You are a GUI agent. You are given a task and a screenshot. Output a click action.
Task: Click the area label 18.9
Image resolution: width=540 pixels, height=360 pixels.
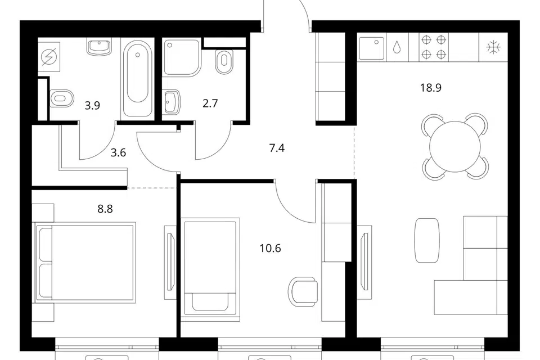tap(430, 88)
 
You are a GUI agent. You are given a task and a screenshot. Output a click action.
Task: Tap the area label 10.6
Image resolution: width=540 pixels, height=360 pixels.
tap(271, 248)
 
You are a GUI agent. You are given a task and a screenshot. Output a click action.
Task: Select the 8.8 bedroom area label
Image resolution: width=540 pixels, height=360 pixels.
tap(105, 209)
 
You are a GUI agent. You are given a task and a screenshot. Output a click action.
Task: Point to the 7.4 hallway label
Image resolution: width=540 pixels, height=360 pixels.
tap(277, 148)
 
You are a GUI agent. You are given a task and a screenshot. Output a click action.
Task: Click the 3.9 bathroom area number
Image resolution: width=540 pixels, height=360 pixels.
tap(92, 105)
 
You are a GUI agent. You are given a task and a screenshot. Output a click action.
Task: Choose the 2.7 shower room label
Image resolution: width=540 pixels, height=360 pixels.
tap(210, 103)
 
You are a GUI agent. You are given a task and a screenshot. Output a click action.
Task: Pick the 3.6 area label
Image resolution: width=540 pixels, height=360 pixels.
tap(118, 152)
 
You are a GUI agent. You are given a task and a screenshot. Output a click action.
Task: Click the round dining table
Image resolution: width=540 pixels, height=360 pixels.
tap(454, 147)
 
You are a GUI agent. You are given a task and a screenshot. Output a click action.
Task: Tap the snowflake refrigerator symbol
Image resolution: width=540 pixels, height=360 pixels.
tap(493, 47)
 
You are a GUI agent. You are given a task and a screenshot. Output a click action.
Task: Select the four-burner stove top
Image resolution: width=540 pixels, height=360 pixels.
tap(434, 47)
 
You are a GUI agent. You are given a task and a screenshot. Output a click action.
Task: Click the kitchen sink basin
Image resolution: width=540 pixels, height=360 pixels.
tap(372, 48)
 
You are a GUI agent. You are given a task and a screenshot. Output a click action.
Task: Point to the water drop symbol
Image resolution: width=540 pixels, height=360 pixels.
tap(397, 48)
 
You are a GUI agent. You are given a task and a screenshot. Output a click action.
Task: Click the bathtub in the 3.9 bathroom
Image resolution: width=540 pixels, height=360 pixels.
tap(137, 77)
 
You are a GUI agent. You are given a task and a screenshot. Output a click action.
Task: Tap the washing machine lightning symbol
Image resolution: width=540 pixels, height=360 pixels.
tap(48, 57)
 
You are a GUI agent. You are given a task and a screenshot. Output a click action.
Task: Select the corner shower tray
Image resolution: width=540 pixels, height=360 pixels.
tap(182, 57)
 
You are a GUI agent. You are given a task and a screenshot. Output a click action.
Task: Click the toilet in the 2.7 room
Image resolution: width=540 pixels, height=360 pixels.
tap(224, 62)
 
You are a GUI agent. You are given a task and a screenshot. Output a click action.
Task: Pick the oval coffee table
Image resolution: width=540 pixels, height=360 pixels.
tap(427, 240)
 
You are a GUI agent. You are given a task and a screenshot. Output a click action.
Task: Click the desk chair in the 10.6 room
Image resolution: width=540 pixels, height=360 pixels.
tap(303, 292)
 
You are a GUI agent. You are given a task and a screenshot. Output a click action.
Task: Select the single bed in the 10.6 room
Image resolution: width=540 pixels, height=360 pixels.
tap(210, 267)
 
